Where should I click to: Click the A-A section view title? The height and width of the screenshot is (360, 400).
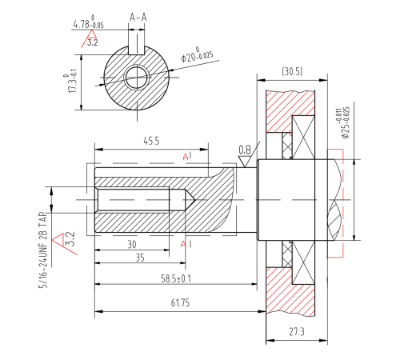tap(138, 18)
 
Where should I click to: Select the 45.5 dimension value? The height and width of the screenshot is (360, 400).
tap(151, 141)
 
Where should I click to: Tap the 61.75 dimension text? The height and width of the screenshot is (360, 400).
tap(180, 303)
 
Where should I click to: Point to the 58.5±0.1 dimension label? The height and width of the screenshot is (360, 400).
tap(176, 278)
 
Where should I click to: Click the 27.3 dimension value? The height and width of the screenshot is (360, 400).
tap(297, 332)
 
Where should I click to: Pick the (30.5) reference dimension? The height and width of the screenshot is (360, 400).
tap(292, 71)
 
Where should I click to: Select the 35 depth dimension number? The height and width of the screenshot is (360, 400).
tap(140, 258)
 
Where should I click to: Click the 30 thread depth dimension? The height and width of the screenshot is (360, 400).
tap(132, 245)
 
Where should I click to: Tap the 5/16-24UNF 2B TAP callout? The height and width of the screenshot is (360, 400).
tap(43, 250)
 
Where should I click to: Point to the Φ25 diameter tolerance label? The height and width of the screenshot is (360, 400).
tap(342, 123)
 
